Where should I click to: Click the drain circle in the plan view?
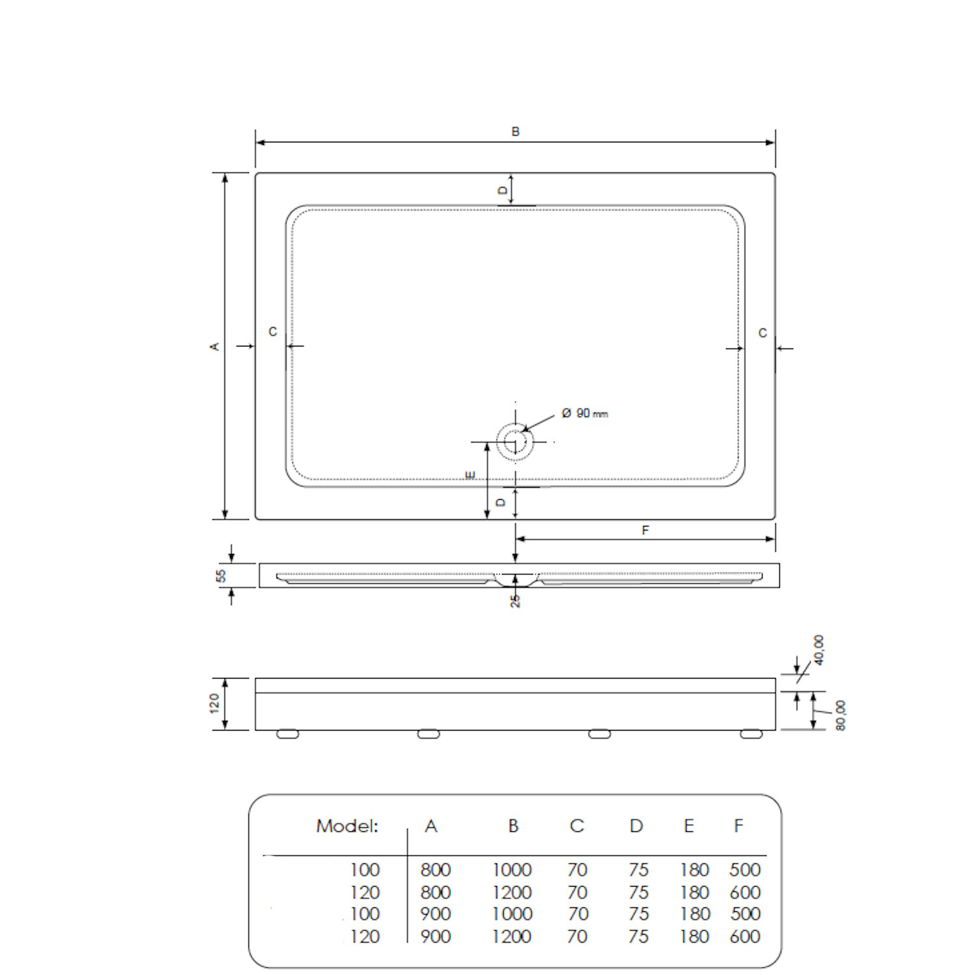(x=515, y=442)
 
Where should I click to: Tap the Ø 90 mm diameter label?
(x=585, y=413)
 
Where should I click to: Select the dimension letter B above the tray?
(x=515, y=132)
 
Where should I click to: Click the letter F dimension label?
(x=645, y=530)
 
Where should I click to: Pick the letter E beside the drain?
(x=471, y=476)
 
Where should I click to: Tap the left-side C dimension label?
(x=273, y=332)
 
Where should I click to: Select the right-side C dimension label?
(x=762, y=333)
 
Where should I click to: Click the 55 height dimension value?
(x=221, y=575)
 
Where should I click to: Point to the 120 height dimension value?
(x=215, y=703)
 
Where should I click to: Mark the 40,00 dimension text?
(x=818, y=650)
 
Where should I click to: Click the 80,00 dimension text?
(x=840, y=715)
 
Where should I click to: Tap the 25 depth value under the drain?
(x=515, y=601)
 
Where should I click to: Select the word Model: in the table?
(x=347, y=826)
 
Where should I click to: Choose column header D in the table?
(x=636, y=826)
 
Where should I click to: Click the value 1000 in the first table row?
(x=512, y=870)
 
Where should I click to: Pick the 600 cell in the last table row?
(x=745, y=937)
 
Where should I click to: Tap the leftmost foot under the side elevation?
(x=287, y=734)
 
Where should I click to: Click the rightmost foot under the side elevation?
(x=751, y=734)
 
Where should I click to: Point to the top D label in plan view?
(x=502, y=190)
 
